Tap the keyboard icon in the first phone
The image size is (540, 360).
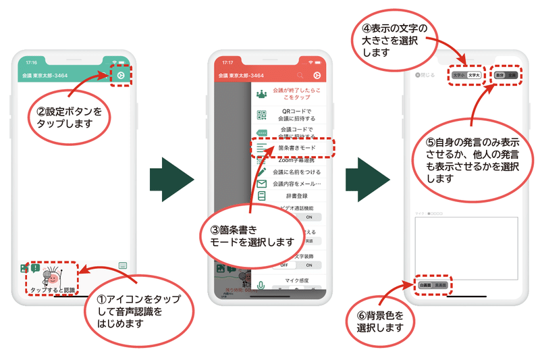coord(123,265)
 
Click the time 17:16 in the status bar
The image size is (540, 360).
coord(32,61)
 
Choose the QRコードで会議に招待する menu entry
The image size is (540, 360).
coord(294,114)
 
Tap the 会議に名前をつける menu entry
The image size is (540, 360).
coord(294,172)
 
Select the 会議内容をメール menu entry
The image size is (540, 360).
coord(296,184)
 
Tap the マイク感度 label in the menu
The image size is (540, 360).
coord(294,279)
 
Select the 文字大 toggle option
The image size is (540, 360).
coord(474,76)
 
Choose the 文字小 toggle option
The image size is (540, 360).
coord(459,76)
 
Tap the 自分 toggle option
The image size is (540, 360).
coord(500,76)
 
